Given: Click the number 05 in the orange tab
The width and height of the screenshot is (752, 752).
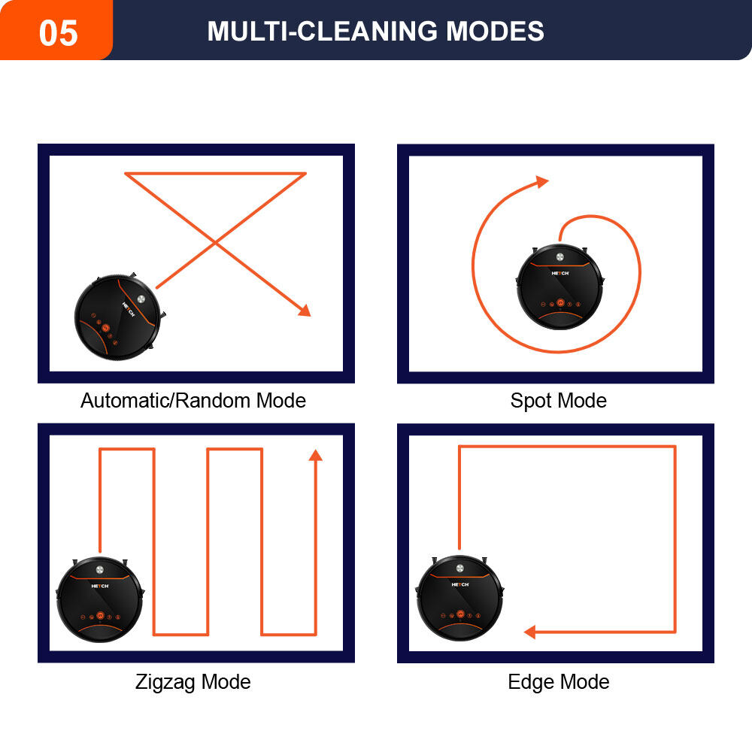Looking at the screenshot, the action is pos(58,32).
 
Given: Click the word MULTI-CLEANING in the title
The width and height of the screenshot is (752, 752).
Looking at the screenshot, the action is pos(322,31).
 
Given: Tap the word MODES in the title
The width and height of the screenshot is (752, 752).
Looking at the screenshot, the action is pos(495,31).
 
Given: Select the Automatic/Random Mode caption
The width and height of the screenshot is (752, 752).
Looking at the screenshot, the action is pos(193,401).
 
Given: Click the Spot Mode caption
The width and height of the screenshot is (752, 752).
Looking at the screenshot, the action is pos(558,401).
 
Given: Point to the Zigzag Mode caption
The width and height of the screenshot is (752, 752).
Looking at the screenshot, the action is pos(193,681).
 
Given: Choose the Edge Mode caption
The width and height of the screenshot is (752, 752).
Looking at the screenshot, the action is pos(558,681).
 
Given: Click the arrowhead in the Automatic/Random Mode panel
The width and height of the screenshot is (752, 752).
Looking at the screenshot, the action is pos(305,311).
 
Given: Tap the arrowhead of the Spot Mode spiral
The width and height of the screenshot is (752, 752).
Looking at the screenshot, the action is pos(542,182).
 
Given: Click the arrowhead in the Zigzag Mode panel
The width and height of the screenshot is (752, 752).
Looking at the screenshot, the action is pos(315,455).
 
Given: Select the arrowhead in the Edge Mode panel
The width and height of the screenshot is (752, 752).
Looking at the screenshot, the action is pos(529,632).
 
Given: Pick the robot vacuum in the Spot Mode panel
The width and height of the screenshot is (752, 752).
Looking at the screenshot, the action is pos(559,287).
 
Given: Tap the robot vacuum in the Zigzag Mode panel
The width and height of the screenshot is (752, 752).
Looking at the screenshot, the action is pos(100,599).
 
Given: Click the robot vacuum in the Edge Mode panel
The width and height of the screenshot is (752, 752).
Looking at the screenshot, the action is pos(460,598).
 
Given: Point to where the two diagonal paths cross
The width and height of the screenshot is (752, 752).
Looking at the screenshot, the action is pos(215,243).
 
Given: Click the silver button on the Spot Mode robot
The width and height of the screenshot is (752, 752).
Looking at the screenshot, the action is pos(559,257).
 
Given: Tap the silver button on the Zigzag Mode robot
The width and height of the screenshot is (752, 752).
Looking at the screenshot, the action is pos(100,570).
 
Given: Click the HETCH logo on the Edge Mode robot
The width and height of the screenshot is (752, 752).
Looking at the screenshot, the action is pos(460,584).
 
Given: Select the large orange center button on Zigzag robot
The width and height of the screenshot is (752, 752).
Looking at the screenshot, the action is pos(100,615).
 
